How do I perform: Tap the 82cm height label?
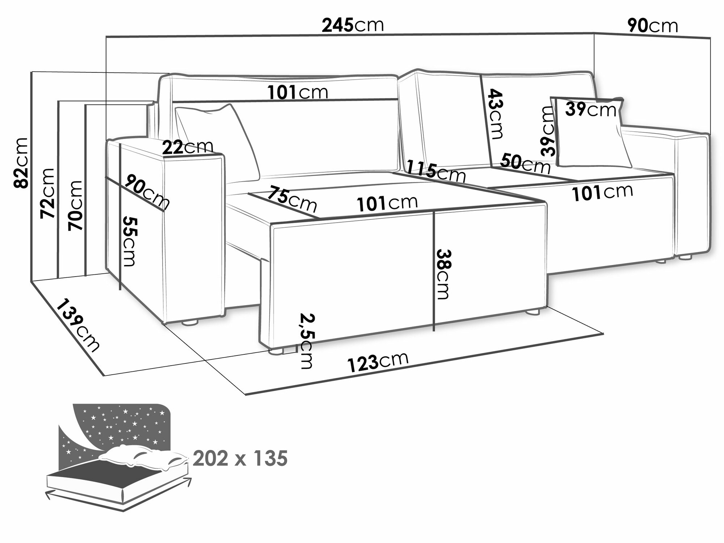click(21, 163)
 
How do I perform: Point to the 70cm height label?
click(76, 205)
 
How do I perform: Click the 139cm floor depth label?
click(77, 325)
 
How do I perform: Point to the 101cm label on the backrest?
click(298, 93)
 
